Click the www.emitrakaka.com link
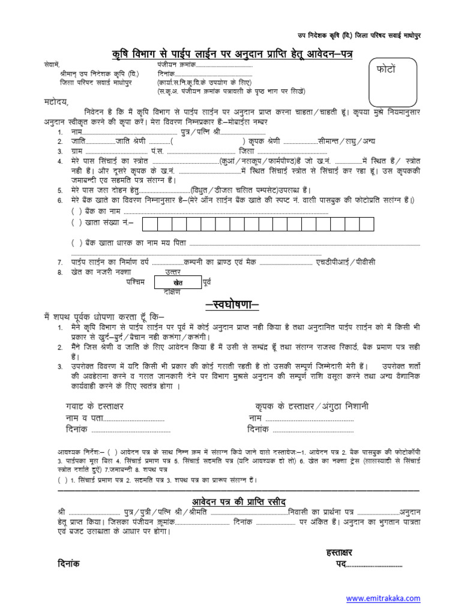coord(383,598)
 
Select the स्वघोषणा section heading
coord(232,305)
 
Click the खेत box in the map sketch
coord(177,282)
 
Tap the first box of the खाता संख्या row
coord(149,224)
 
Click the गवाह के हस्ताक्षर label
coord(94,406)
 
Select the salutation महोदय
coord(56,102)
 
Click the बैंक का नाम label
coord(96,211)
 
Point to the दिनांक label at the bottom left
coord(69,564)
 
